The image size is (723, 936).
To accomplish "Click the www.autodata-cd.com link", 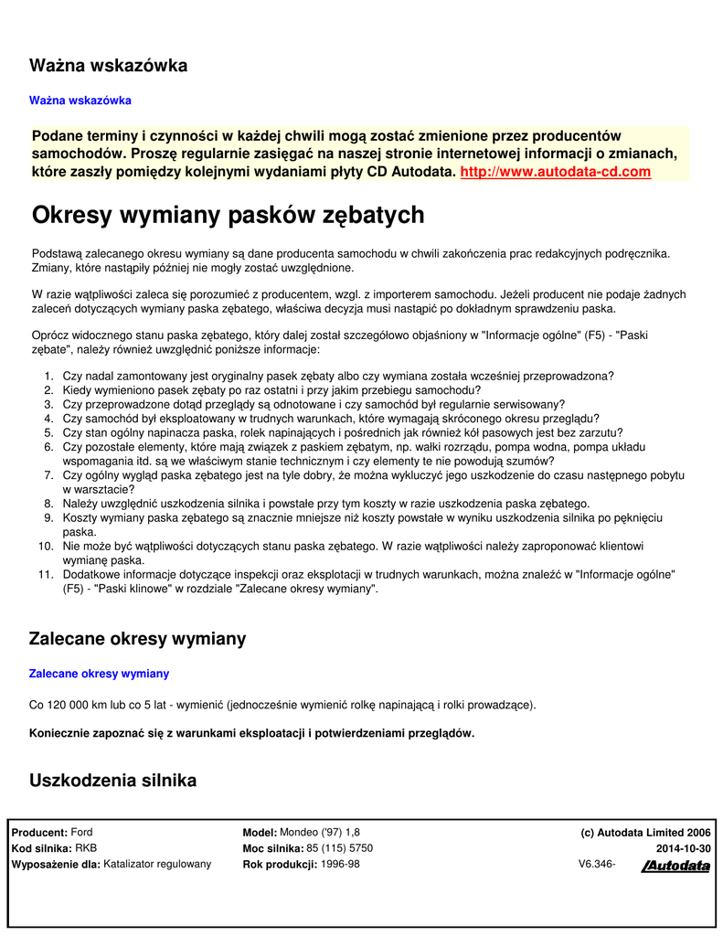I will tap(556, 172).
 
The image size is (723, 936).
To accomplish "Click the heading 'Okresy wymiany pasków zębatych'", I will tap(228, 216).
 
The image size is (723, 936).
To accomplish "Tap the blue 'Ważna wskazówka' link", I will tap(80, 100).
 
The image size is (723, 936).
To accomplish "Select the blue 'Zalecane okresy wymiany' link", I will tap(100, 674).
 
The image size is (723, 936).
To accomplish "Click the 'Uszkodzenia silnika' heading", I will tap(113, 781).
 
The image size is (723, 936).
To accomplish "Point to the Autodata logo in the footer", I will tap(675, 867).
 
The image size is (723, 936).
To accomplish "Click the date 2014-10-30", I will tap(683, 848).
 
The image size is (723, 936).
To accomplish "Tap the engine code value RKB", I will tap(86, 848).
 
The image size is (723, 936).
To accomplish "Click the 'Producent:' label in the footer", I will tap(39, 833).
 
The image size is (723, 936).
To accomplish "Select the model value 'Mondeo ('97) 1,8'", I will tap(321, 833).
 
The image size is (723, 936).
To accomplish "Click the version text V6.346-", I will tap(597, 864).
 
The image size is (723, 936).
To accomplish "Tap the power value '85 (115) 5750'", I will tap(339, 848).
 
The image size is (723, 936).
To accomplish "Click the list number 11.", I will tap(47, 574).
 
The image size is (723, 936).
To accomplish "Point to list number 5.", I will tap(49, 433).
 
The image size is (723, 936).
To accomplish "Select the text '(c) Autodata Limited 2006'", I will tap(645, 833).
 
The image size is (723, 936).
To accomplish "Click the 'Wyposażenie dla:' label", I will tap(56, 864).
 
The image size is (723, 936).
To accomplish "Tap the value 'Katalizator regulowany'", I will tap(157, 864).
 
